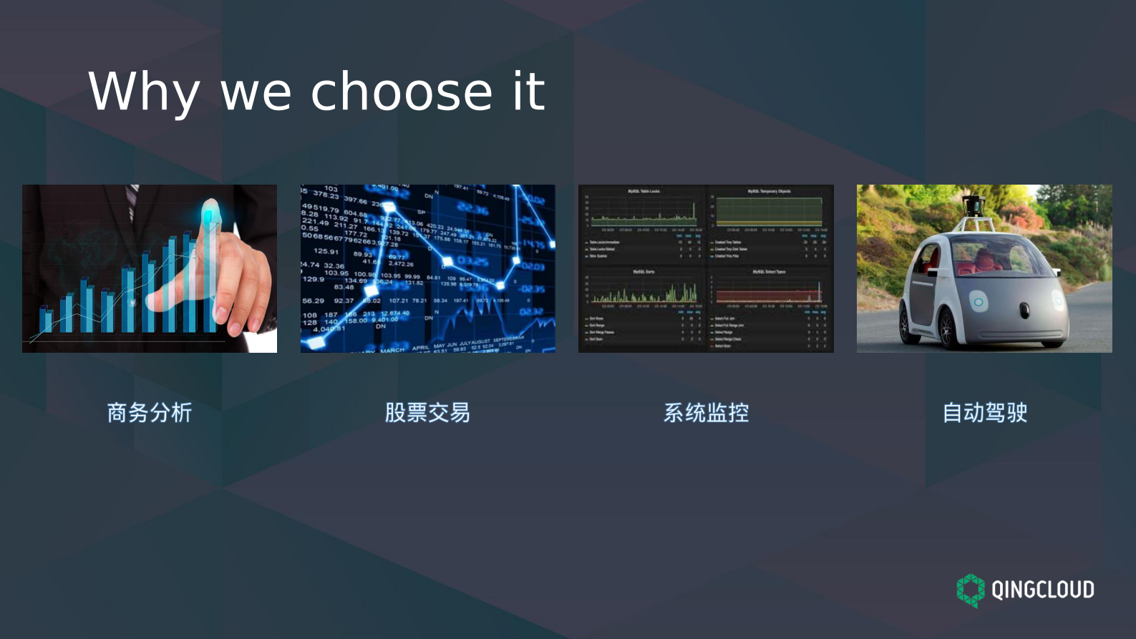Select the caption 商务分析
(150, 412)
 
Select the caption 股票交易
(427, 412)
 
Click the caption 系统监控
(706, 412)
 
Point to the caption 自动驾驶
(984, 412)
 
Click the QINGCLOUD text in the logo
(1042, 590)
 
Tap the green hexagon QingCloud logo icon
(971, 590)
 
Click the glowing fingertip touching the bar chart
(210, 213)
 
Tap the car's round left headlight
(978, 302)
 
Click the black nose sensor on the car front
(1024, 310)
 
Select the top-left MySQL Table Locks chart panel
(643, 211)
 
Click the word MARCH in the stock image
(392, 349)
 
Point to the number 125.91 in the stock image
(326, 251)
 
